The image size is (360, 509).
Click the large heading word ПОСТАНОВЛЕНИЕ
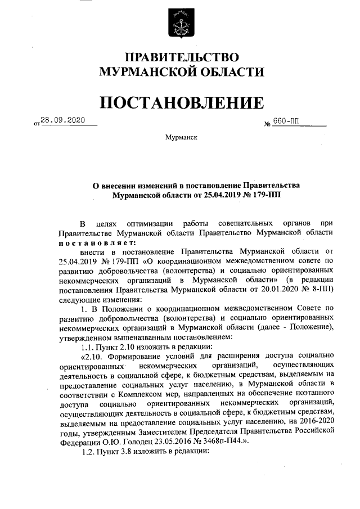180,103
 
